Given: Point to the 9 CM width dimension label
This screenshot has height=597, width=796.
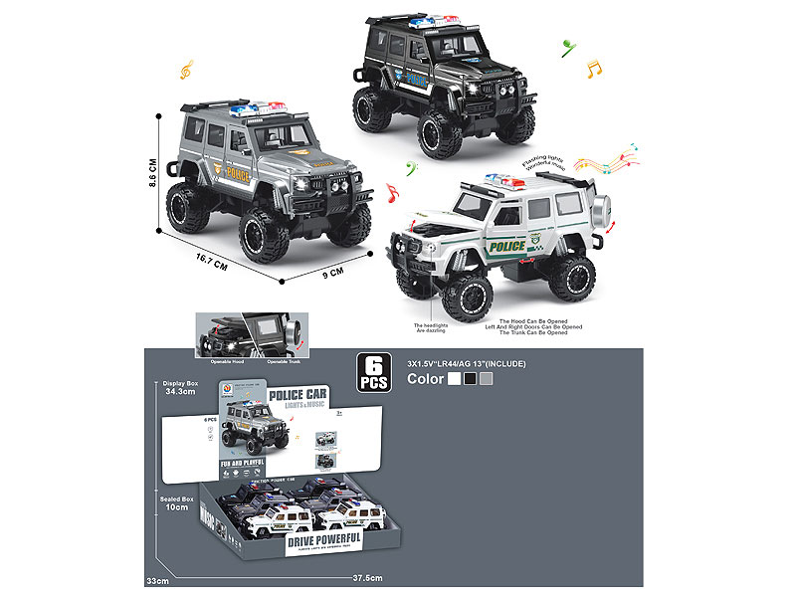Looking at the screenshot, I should point(333,271).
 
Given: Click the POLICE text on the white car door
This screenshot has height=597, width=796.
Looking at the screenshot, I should point(509,245).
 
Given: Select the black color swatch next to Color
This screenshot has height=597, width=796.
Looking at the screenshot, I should point(470,379).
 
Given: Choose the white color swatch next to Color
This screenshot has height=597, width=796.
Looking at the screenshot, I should point(455,379).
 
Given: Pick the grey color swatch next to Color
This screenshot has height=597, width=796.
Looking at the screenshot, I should point(486,379).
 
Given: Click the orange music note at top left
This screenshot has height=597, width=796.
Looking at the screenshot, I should point(186,70).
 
